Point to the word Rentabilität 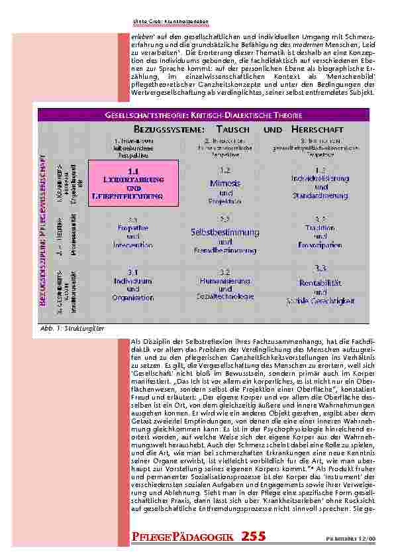(x=320, y=282)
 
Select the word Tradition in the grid (x=320, y=227)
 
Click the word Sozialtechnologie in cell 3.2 (x=224, y=297)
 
